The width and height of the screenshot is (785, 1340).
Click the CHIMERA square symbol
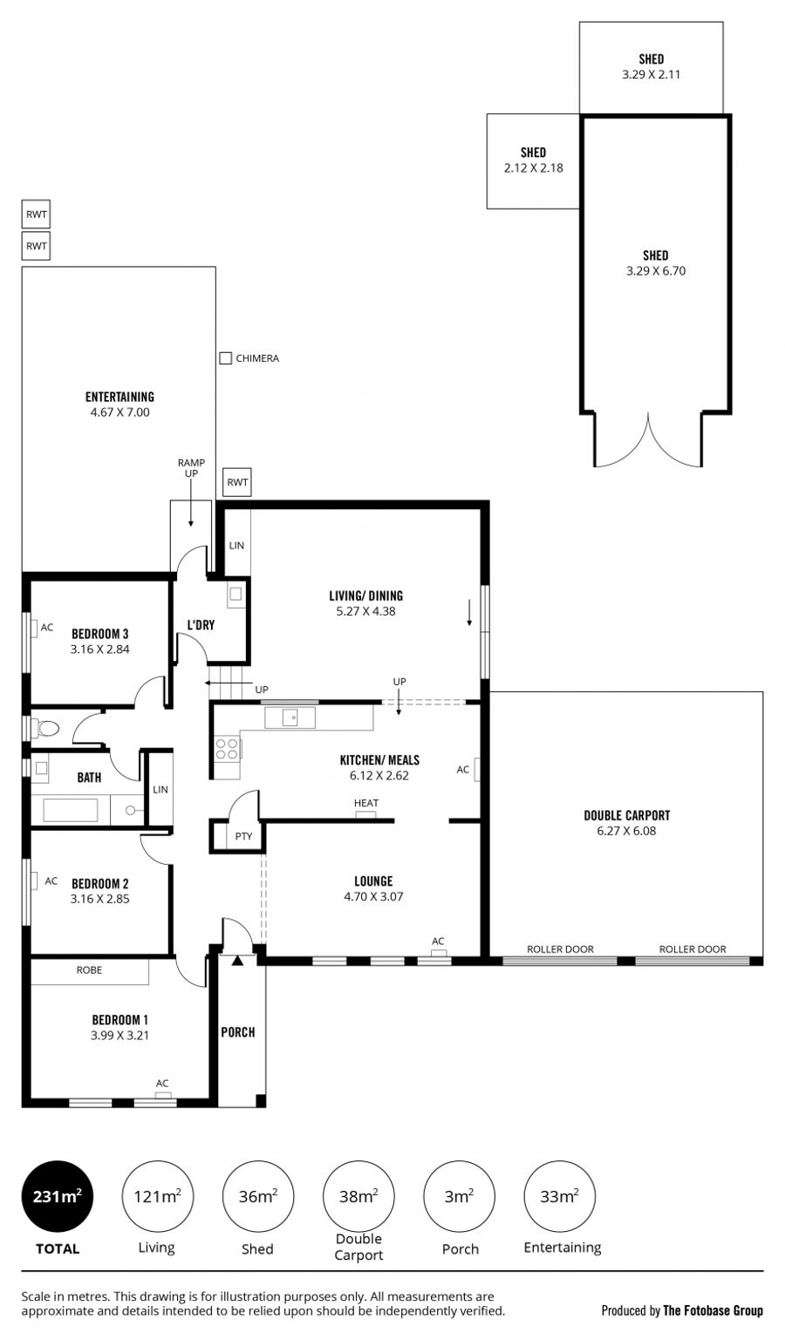pos(225,358)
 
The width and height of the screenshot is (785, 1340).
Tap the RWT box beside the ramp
pos(237,482)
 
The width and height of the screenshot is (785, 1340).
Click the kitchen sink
pos(290,718)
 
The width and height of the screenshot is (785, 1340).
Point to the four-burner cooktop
pos(228,750)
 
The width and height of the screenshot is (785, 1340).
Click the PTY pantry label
pos(243,836)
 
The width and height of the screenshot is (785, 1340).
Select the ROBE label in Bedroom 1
pos(89,969)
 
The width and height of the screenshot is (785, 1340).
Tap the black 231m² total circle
pos(58,1196)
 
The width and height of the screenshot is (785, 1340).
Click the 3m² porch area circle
pos(460,1196)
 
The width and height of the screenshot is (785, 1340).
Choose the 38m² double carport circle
pos(359,1196)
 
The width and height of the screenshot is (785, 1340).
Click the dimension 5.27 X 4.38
pos(365,611)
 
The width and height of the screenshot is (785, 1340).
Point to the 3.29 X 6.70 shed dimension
pos(656,270)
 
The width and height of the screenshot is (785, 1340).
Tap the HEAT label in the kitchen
pos(366,803)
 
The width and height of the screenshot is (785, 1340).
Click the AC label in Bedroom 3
pos(47,627)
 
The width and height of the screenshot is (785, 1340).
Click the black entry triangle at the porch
pos(237,961)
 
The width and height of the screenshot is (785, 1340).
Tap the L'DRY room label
pos(201,624)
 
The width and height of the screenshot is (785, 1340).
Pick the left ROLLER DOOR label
pos(560,949)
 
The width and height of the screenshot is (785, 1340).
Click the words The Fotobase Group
pos(713,1310)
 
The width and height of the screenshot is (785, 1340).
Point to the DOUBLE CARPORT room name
pos(627,815)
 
